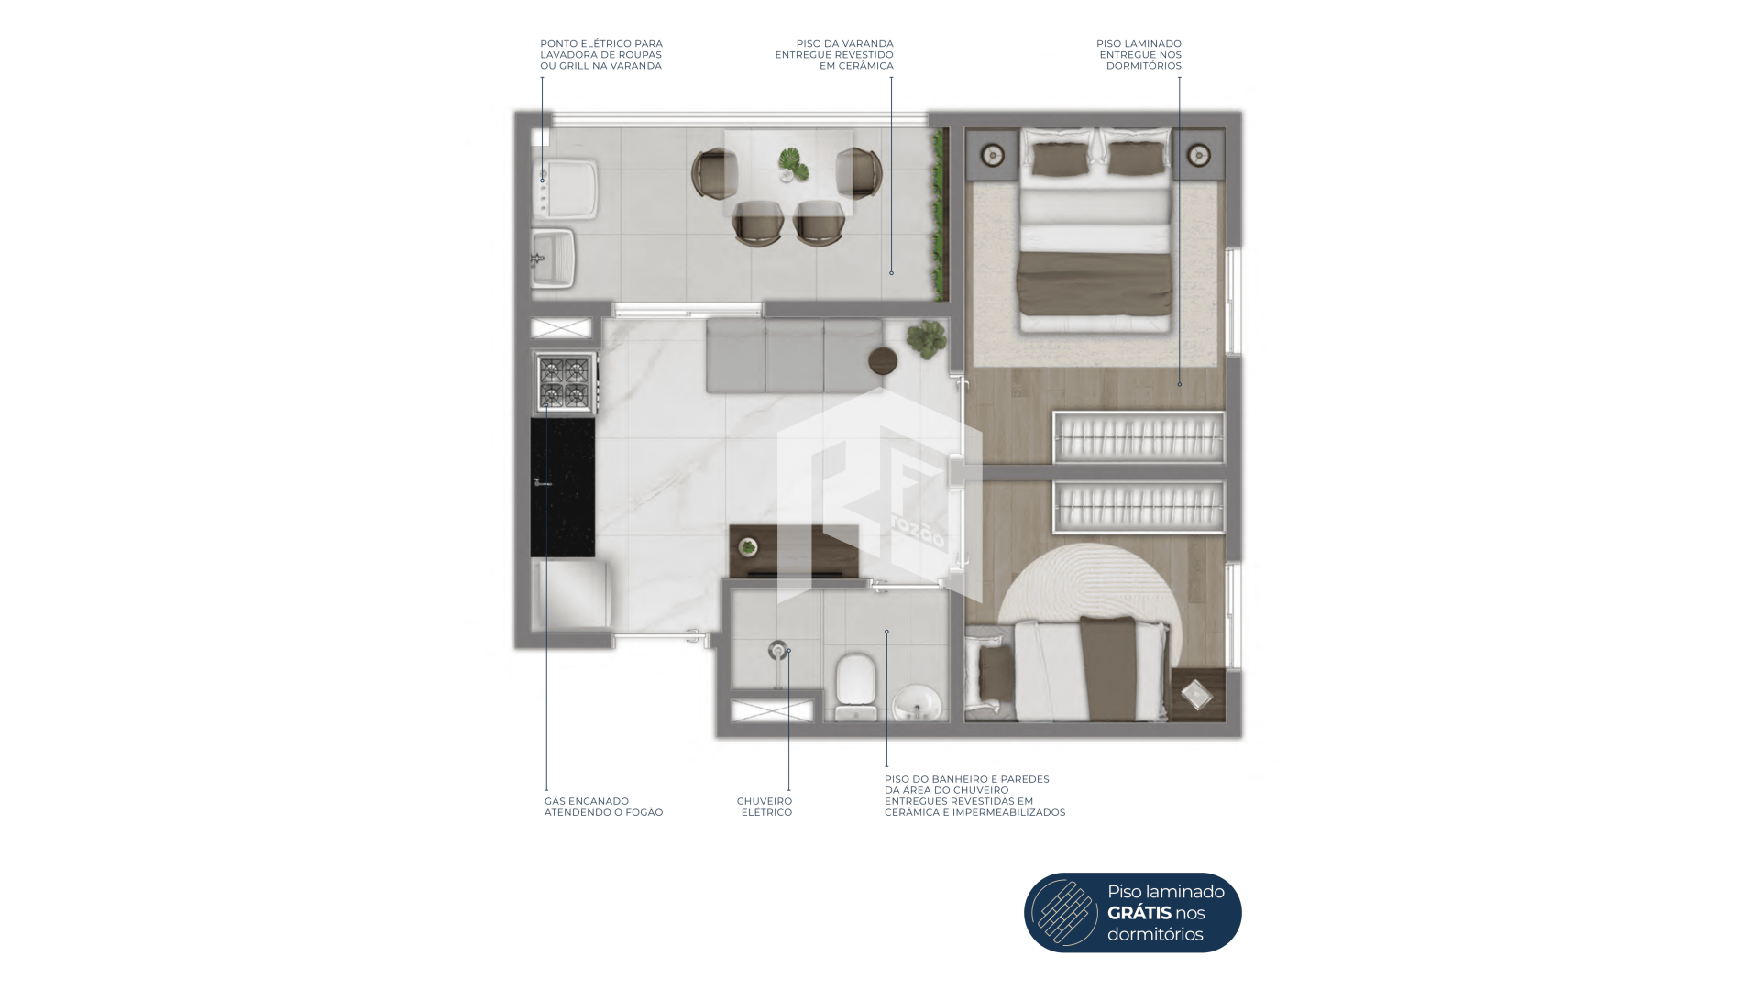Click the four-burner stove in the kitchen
pos(565,382)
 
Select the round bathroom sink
pos(916,704)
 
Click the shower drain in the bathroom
pos(777,650)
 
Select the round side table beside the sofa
pos(884,360)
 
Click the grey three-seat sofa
pos(794,356)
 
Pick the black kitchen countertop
pos(563,487)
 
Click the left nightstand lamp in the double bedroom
pos(993,155)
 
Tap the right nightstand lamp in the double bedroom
pos(1198,156)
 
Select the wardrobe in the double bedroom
pos(1138,438)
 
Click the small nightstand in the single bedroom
pos(1198,695)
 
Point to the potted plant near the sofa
pos(927,337)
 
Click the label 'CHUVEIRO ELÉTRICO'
pos(764,807)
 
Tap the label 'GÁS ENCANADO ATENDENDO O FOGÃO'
pos(603,807)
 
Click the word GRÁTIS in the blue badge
pos(1139,913)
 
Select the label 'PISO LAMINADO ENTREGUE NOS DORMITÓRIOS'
pos(1138,55)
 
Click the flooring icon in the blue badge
pos(1064,913)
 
